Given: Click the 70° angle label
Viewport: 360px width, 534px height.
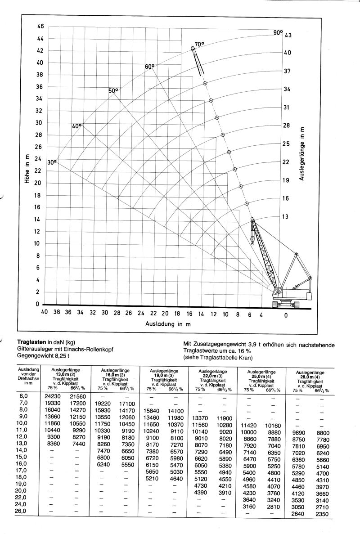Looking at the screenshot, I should [x=199, y=44].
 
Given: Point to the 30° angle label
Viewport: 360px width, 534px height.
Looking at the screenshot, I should [x=52, y=162].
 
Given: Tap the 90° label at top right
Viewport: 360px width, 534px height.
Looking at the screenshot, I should [x=278, y=32].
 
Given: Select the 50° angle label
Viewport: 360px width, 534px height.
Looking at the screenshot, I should [x=113, y=90].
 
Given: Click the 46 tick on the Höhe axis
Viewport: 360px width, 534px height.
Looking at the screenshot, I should [x=40, y=27].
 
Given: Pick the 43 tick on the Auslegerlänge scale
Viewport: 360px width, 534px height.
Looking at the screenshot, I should [x=288, y=35].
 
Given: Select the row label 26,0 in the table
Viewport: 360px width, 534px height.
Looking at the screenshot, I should [x=21, y=512].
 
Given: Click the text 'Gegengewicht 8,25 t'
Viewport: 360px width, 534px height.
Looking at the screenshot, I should [x=45, y=355].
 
